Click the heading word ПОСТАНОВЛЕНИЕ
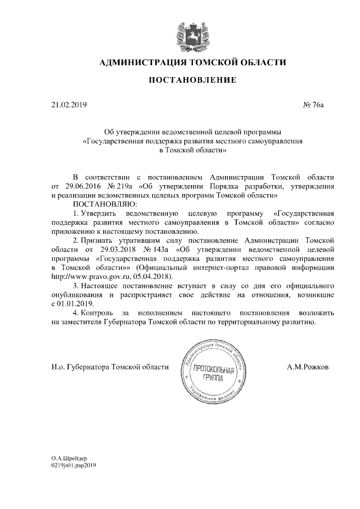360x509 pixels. point(192,81)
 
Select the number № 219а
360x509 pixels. point(120,186)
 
